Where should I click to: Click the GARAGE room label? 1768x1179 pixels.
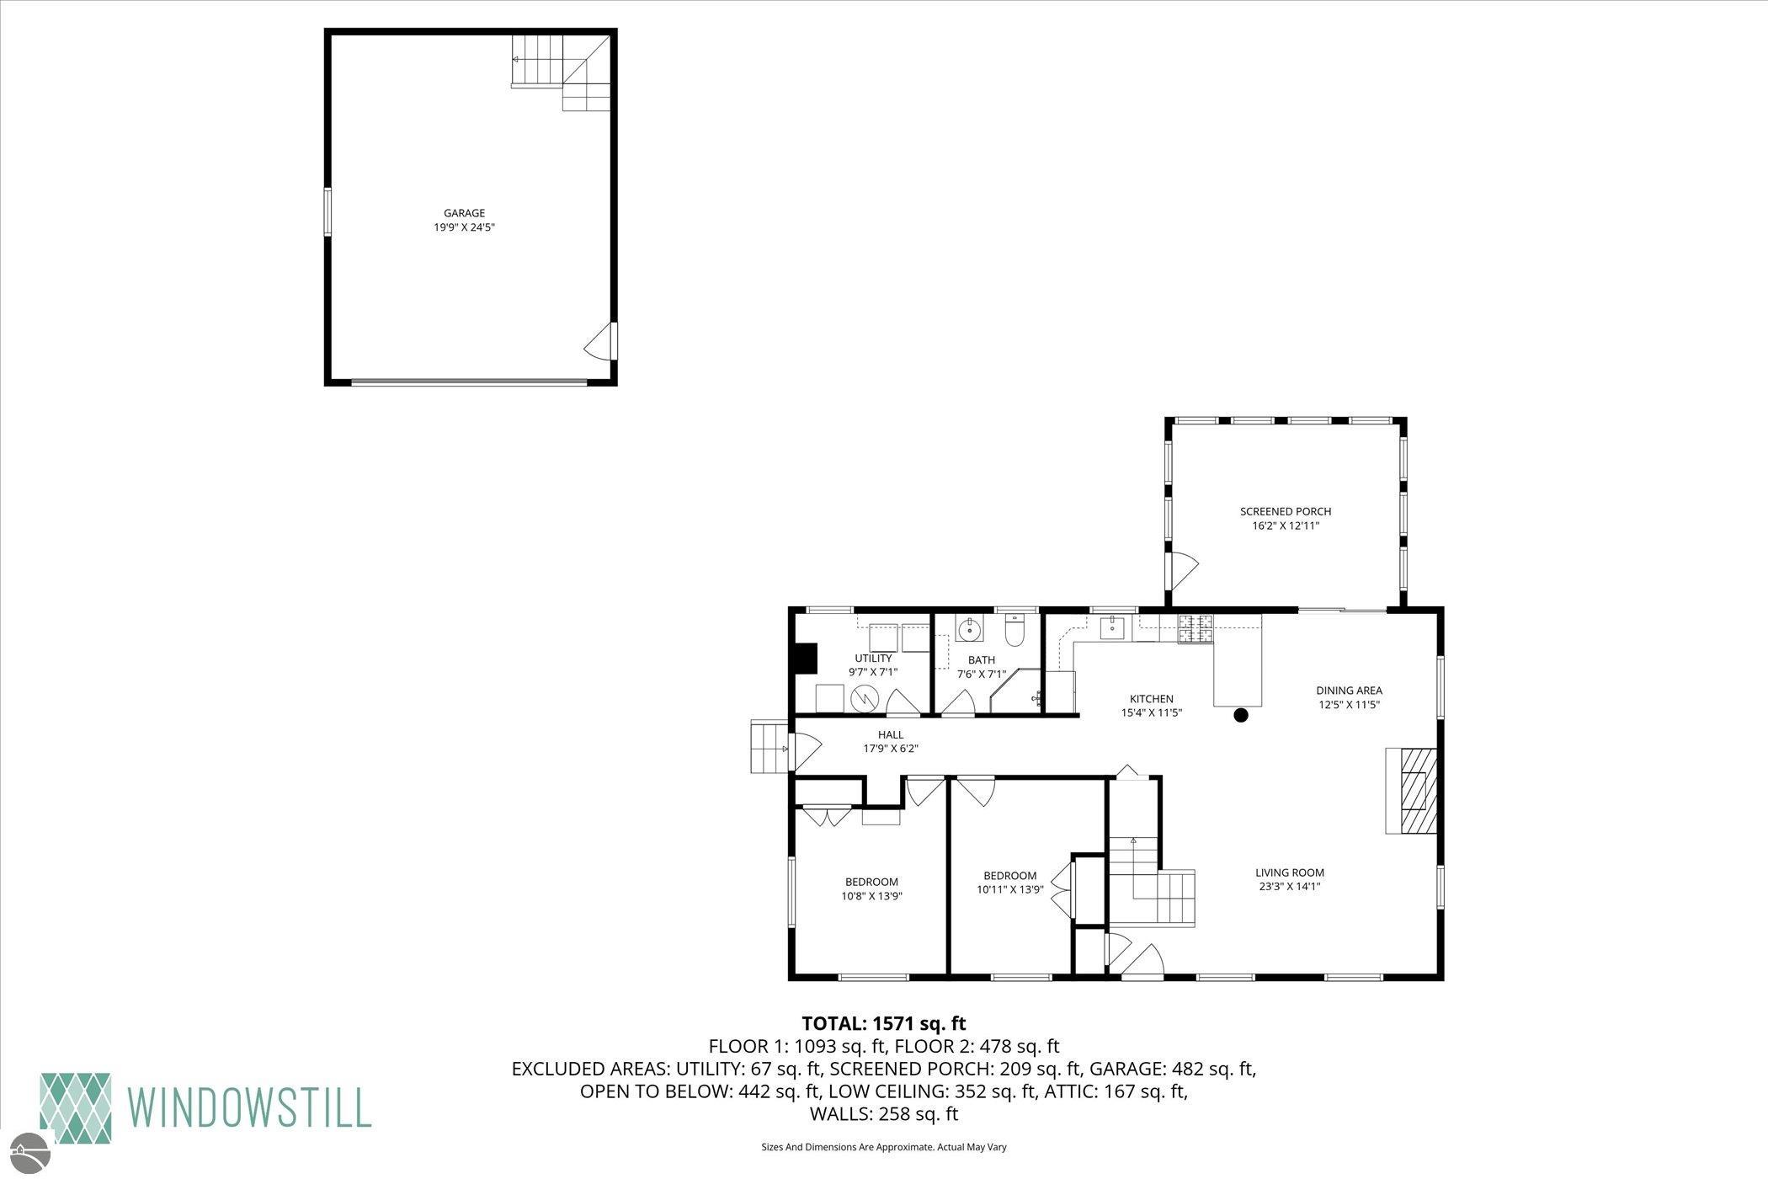pyautogui.click(x=464, y=213)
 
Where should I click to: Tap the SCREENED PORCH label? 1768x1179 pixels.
pyautogui.click(x=1286, y=511)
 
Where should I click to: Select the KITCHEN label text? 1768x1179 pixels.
pyautogui.click(x=1151, y=699)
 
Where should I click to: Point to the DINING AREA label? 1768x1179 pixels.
pyautogui.click(x=1350, y=691)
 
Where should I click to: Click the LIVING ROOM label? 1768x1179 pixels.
pyautogui.click(x=1290, y=872)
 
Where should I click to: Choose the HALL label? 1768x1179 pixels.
pyautogui.click(x=890, y=735)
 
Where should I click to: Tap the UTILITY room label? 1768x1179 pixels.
pyautogui.click(x=873, y=659)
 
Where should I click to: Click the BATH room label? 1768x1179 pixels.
pyautogui.click(x=981, y=660)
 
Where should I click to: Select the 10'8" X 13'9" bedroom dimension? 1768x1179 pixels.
pyautogui.click(x=871, y=896)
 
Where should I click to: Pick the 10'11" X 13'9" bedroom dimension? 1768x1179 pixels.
pyautogui.click(x=1010, y=889)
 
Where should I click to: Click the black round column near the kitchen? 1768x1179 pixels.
pyautogui.click(x=1240, y=715)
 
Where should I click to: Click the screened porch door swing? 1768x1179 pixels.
pyautogui.click(x=1181, y=570)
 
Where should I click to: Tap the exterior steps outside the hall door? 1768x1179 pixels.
pyautogui.click(x=770, y=746)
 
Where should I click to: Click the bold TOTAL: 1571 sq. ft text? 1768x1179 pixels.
pyautogui.click(x=884, y=1023)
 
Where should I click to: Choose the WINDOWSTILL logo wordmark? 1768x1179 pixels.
pyautogui.click(x=249, y=1107)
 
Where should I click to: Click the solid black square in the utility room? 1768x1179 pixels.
pyautogui.click(x=807, y=659)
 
